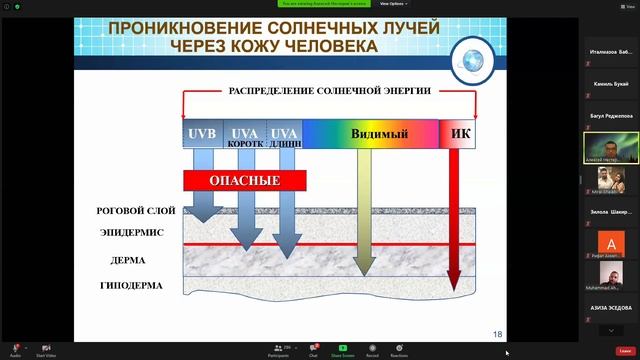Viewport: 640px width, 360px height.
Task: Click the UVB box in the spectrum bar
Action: [202, 134]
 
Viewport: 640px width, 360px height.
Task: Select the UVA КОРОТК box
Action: [245, 135]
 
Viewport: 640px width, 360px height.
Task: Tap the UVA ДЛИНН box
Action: [285, 135]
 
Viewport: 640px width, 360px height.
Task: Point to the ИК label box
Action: [461, 132]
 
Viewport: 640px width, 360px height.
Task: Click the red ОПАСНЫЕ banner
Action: [243, 181]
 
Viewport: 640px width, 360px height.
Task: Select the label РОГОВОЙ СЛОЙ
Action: [136, 211]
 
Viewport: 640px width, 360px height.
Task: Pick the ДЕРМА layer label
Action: [128, 260]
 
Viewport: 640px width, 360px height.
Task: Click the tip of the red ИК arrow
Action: [453, 287]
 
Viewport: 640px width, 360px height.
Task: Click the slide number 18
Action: [497, 333]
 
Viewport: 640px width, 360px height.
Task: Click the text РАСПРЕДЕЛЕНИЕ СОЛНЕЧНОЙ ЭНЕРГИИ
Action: [330, 91]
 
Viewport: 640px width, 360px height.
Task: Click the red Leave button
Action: [624, 350]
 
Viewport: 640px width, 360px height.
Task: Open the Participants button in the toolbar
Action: [279, 350]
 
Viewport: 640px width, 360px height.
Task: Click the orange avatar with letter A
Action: [611, 242]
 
